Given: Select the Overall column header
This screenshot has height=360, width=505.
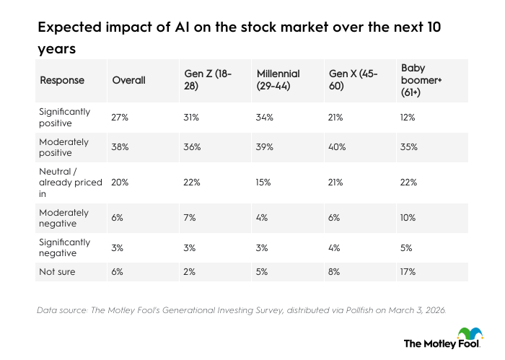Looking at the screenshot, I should point(128,80).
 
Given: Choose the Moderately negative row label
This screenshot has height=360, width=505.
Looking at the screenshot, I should point(65,218).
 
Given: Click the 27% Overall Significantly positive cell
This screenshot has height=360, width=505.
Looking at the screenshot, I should point(120,118).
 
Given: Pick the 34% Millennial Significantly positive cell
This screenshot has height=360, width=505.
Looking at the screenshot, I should point(265,118).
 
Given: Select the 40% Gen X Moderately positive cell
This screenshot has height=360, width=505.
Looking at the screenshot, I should point(338,146).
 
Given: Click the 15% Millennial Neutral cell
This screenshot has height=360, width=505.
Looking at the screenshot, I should point(265,183).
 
